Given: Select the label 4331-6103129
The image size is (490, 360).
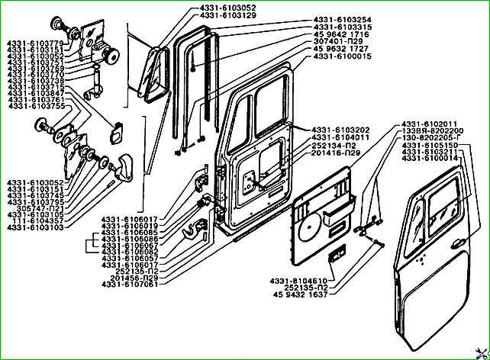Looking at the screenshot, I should [x=207, y=14].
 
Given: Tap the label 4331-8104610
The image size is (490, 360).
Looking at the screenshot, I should [x=298, y=281].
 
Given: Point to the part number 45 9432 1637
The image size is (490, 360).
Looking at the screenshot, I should [x=299, y=295].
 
